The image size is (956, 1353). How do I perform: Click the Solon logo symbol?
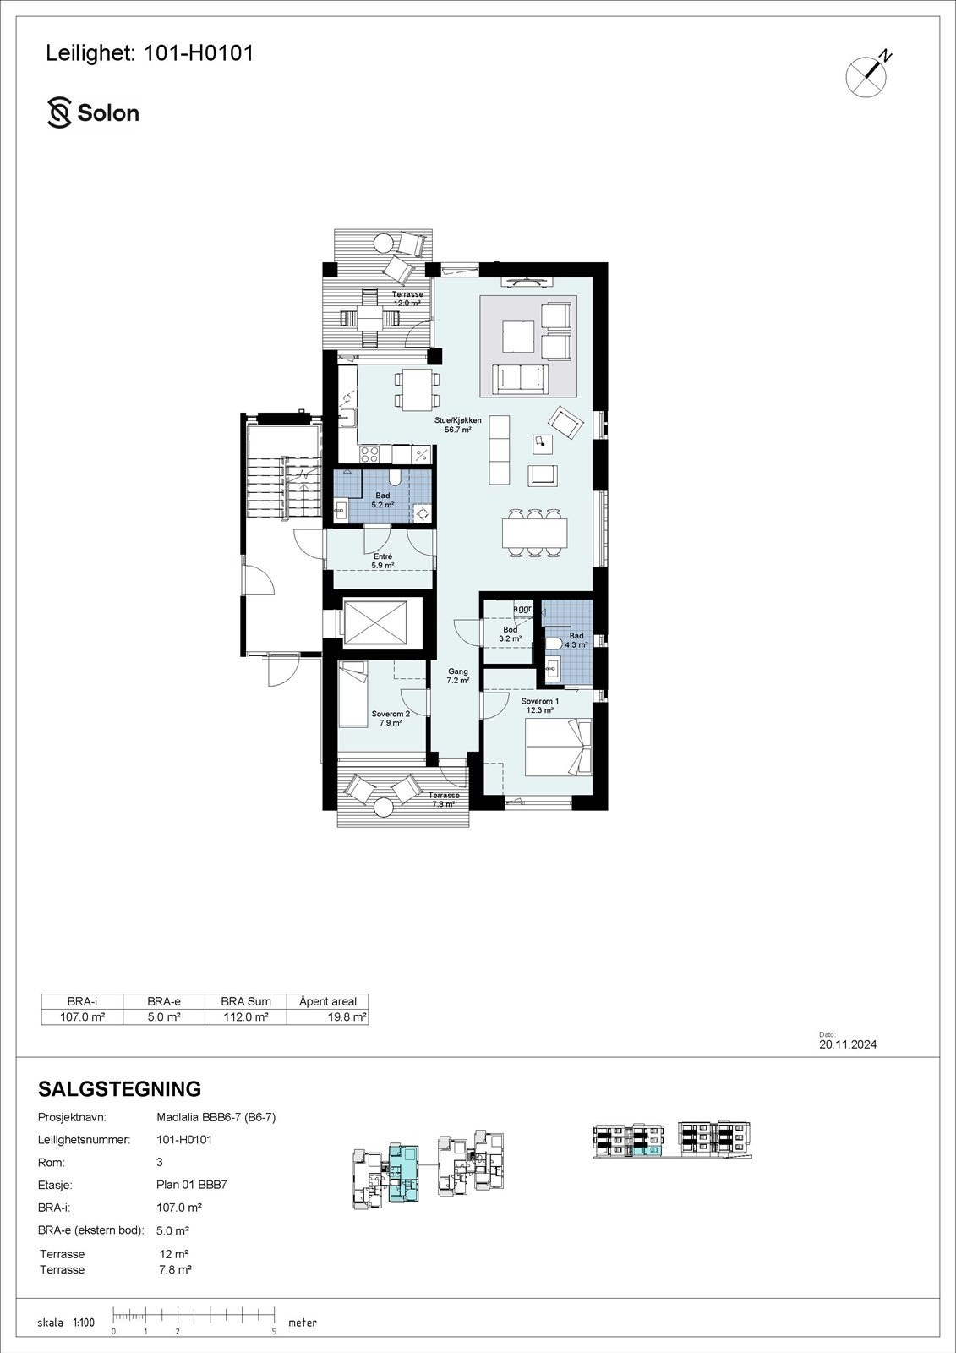point(59,113)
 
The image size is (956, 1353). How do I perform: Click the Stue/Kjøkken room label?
point(457,424)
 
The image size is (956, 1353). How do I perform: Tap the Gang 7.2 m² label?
point(457,675)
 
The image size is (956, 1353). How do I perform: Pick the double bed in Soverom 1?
point(558,748)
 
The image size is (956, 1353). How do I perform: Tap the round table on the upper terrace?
point(383,243)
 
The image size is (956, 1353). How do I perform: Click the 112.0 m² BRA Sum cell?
point(245,1017)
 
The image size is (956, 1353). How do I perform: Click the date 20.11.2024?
point(847,1044)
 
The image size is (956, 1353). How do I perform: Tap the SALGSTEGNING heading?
point(120,1088)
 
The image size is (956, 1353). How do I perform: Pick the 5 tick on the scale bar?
point(274,1331)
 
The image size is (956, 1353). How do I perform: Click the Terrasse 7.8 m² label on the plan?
point(444,799)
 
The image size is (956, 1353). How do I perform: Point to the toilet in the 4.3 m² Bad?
point(552,645)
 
